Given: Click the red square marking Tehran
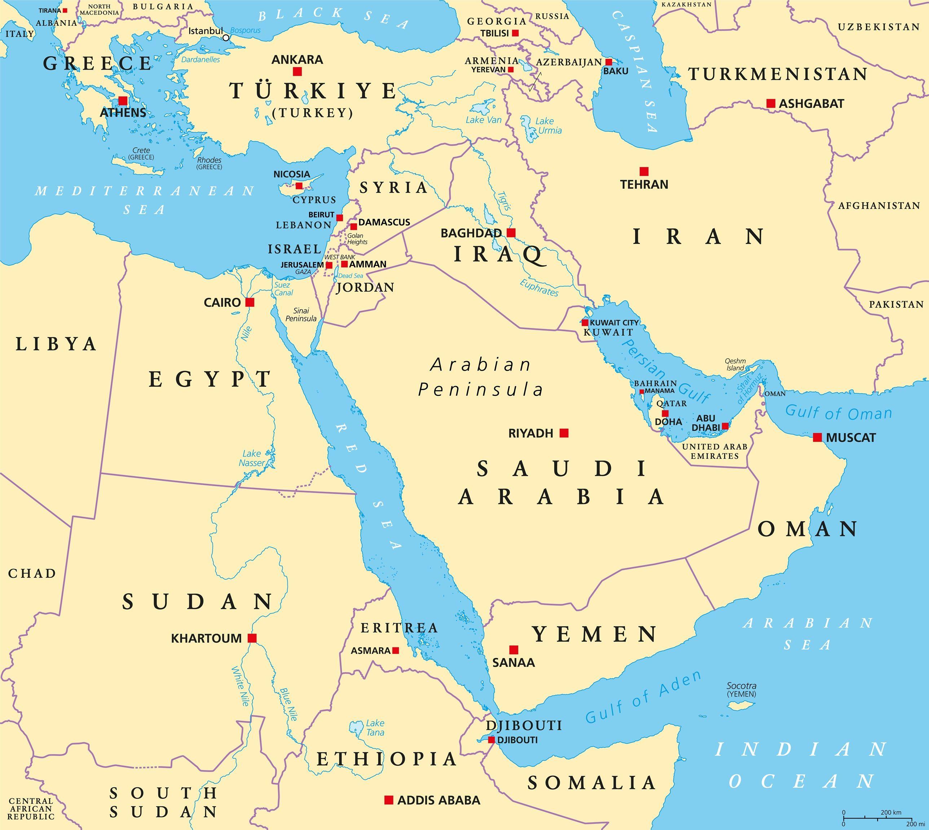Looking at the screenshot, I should tap(644, 171).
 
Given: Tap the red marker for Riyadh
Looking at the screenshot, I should tap(564, 433).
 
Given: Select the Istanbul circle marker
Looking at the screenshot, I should tap(226, 38).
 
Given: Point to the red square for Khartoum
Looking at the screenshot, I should tap(252, 638).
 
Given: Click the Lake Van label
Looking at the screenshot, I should tap(483, 120).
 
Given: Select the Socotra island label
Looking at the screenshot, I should tap(741, 690).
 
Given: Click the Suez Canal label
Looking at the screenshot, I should tap(283, 289).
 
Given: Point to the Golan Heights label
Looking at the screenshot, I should tap(357, 239).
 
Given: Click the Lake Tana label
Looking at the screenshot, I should tap(375, 728).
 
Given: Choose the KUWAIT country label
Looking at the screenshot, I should tap(608, 332).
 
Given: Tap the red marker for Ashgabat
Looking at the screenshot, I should tap(771, 104).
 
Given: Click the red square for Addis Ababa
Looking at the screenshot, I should tap(389, 799).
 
